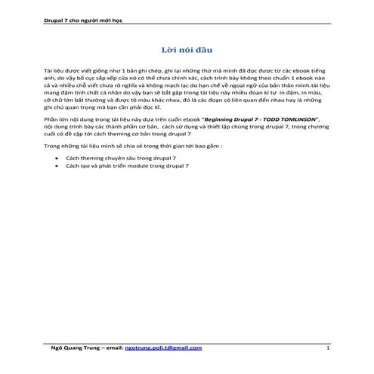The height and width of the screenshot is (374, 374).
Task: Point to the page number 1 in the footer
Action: pyautogui.click(x=328, y=348)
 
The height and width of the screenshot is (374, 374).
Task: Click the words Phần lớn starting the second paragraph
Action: pyautogui.click(x=56, y=141)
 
